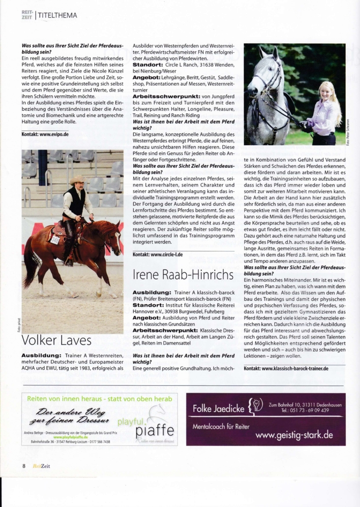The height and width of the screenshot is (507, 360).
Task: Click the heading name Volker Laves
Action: tap(57, 341)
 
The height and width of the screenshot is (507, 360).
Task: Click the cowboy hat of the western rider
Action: tap(77, 181)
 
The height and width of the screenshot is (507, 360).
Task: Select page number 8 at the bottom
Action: tap(24, 466)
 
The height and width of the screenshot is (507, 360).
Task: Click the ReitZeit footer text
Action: tap(41, 466)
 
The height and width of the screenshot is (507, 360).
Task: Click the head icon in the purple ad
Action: tap(256, 407)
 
